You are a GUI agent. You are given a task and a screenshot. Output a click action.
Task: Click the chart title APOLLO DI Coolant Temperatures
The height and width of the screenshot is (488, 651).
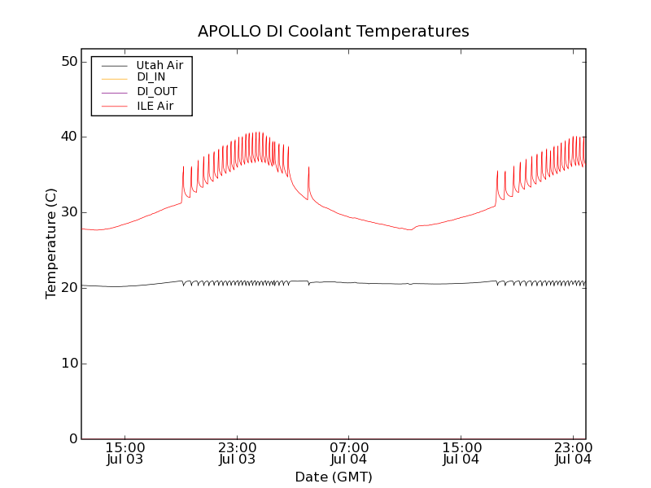pyautogui.click(x=334, y=31)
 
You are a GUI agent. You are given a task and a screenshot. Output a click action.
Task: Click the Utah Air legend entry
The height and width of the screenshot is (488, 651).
pyautogui.click(x=159, y=65)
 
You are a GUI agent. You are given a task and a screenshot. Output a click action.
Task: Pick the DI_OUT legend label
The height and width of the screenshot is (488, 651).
pyautogui.click(x=156, y=91)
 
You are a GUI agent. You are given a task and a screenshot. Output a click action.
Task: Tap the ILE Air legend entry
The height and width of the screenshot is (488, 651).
pyautogui.click(x=155, y=106)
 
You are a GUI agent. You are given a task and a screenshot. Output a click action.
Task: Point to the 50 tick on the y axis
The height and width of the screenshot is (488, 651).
pyautogui.click(x=68, y=62)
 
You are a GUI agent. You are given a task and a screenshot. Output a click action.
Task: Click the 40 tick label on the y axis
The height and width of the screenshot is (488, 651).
pyautogui.click(x=68, y=137)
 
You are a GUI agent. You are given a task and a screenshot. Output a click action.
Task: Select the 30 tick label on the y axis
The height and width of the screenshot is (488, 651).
pyautogui.click(x=68, y=212)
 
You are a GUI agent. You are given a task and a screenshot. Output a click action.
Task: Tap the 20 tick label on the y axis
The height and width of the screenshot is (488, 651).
pyautogui.click(x=68, y=288)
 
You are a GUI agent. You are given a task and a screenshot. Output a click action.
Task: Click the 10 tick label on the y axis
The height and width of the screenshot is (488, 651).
pyautogui.click(x=68, y=364)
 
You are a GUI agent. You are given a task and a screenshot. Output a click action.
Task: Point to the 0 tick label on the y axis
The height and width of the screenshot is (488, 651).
pyautogui.click(x=72, y=439)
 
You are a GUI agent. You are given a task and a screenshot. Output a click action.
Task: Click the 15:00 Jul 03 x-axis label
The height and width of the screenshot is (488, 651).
pyautogui.click(x=125, y=453)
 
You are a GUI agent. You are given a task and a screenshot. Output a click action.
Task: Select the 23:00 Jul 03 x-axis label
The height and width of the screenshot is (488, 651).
pyautogui.click(x=238, y=453)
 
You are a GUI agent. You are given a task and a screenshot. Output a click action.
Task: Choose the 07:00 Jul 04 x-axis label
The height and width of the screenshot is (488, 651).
pyautogui.click(x=349, y=453)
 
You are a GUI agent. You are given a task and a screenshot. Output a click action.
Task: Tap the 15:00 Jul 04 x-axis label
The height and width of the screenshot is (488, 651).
pyautogui.click(x=461, y=453)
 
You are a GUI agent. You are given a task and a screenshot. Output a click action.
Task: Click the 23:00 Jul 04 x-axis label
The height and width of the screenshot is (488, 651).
pyautogui.click(x=573, y=453)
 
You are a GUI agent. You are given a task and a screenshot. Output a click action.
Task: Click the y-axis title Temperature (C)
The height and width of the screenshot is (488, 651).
pyautogui.click(x=51, y=243)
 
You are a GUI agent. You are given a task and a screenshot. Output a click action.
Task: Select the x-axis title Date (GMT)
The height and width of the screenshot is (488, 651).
pyautogui.click(x=334, y=477)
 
